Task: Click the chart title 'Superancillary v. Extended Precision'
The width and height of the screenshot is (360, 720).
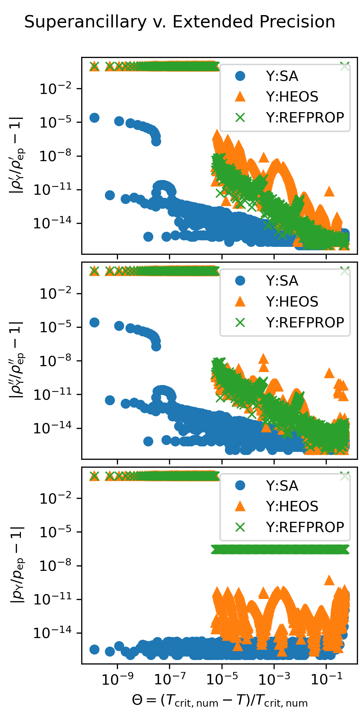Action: [x=180, y=22]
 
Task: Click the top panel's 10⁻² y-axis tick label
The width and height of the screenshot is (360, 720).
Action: [x=56, y=89]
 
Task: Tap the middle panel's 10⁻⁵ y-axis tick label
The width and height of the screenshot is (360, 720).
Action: [x=56, y=327]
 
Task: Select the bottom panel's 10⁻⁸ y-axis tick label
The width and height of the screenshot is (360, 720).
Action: [x=56, y=566]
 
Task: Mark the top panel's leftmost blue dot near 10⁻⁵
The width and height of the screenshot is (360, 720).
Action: [x=94, y=118]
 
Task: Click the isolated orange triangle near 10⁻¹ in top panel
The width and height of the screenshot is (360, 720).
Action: [x=329, y=191]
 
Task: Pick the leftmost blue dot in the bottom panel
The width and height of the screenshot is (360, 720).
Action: [x=94, y=649]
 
